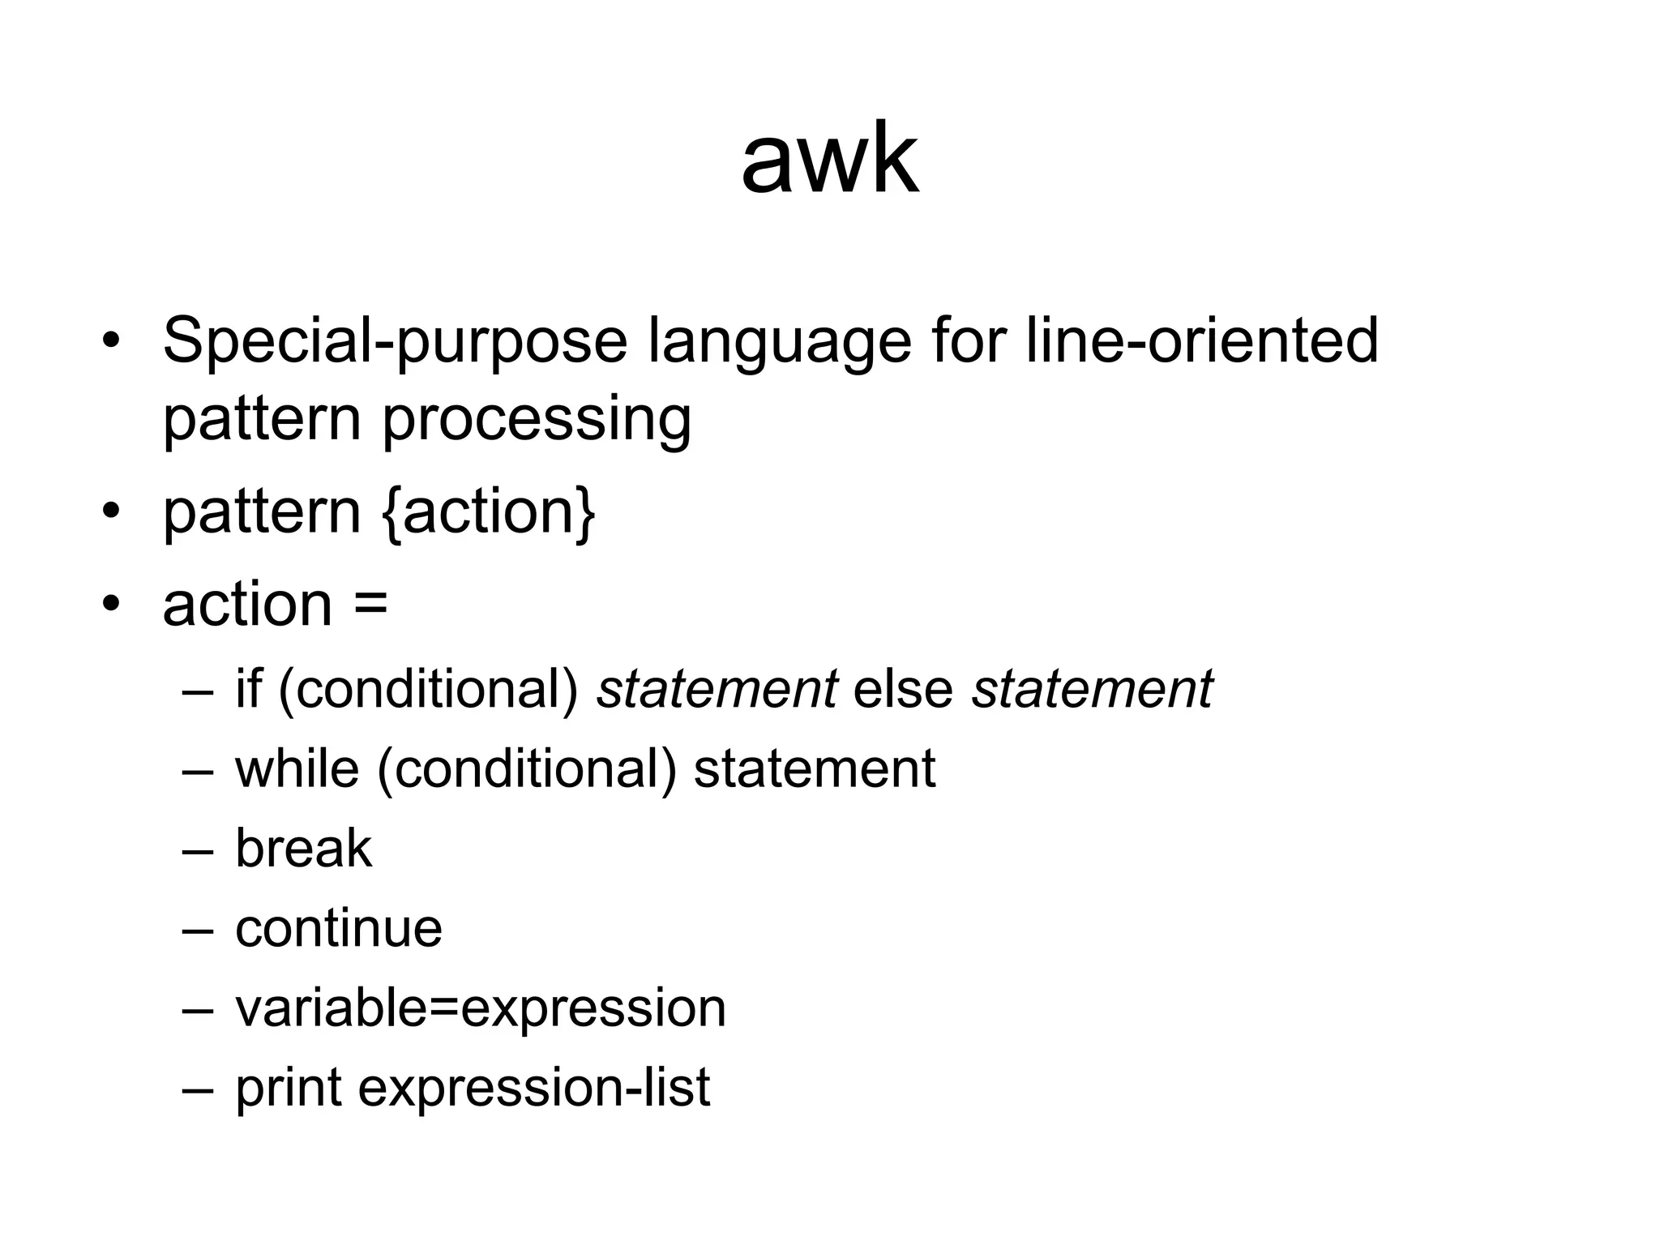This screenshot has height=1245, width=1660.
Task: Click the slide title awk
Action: point(830,160)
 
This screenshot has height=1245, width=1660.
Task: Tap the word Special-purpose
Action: point(395,341)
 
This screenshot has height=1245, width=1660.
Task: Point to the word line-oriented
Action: point(1201,340)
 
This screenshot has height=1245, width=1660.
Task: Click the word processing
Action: point(536,419)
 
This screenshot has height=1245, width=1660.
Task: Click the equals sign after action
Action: point(371,604)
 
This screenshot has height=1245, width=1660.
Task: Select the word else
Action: point(903,689)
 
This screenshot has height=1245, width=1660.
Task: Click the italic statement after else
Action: point(1092,689)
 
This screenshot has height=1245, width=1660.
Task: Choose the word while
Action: point(297,768)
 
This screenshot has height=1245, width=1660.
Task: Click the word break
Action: point(303,849)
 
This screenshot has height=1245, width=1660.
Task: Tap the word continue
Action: point(339,928)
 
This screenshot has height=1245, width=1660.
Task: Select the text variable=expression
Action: point(481,1008)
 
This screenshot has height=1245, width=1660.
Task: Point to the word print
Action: point(289,1089)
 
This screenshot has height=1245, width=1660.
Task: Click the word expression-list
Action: point(534,1089)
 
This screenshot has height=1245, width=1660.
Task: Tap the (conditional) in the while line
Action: point(527,768)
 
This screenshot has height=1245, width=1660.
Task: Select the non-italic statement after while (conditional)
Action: point(815,768)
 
